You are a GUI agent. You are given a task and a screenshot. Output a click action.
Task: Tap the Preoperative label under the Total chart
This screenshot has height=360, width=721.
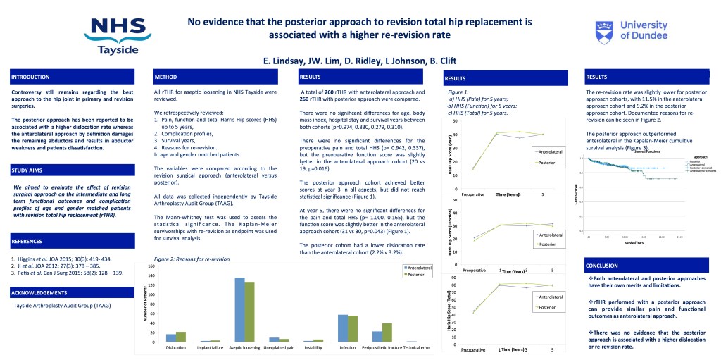point(476,349)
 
